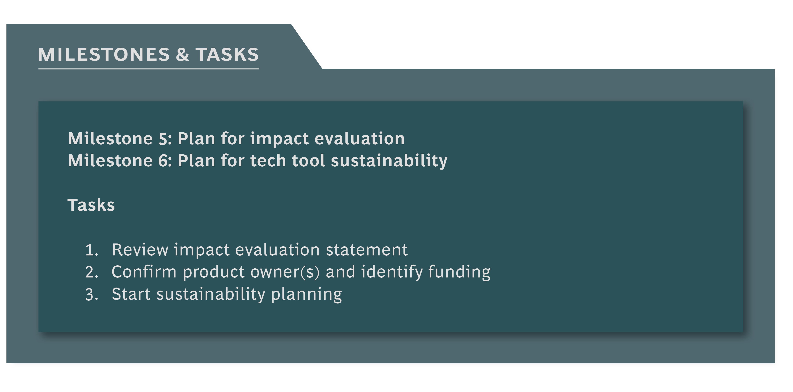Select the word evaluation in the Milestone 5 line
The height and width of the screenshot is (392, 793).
(x=360, y=139)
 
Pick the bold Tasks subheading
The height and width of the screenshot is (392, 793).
(x=91, y=205)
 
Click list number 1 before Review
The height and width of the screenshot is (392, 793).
(x=91, y=250)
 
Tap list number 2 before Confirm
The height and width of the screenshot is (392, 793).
(x=91, y=272)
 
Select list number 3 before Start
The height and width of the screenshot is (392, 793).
(x=91, y=295)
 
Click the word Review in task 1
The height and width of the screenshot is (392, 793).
(x=140, y=250)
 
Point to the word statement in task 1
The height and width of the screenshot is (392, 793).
(x=367, y=250)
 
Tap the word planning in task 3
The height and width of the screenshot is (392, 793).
(x=307, y=295)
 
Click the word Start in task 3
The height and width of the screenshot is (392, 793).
(x=131, y=294)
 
